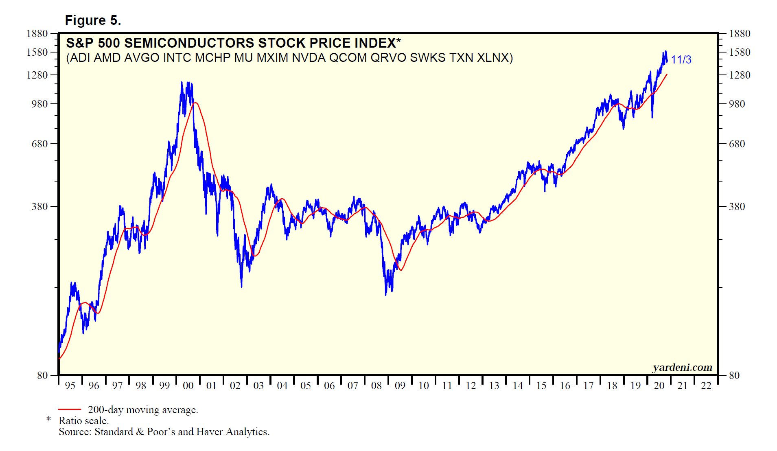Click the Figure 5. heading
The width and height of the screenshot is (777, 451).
[93, 20]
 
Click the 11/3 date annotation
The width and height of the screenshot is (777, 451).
[681, 60]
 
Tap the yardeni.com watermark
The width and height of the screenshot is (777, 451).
[682, 368]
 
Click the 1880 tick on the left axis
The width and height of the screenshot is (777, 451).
[37, 33]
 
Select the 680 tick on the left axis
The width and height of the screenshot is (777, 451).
[40, 144]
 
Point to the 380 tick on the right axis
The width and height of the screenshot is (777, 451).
[737, 206]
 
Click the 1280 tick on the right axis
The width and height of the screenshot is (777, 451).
[740, 75]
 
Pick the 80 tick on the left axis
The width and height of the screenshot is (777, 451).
[42, 375]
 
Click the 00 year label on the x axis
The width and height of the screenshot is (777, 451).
[188, 385]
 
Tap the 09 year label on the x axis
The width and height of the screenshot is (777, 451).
[400, 385]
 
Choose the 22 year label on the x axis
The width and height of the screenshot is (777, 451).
[706, 385]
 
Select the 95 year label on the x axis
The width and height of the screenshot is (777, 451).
[70, 385]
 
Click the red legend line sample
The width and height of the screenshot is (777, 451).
[70, 409]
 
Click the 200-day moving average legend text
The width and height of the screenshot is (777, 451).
[143, 410]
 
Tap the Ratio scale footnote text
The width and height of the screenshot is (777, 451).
[83, 421]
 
